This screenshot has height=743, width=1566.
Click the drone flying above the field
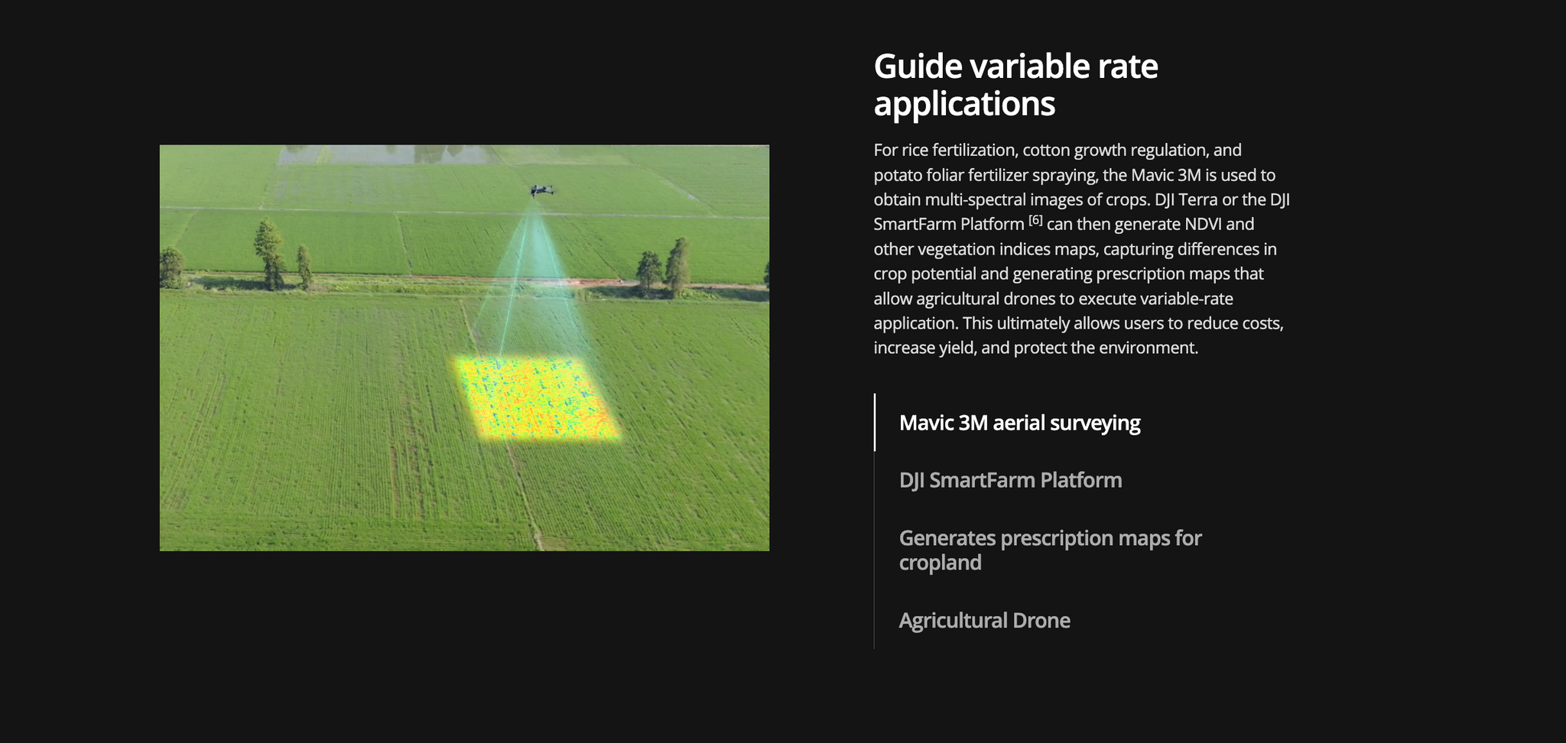541,190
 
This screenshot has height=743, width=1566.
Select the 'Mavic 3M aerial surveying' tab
1019,423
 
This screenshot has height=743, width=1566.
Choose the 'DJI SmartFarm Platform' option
1010,480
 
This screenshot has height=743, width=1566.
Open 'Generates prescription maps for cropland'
1050,550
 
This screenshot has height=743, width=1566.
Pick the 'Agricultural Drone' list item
984,620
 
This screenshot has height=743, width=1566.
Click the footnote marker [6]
1035,220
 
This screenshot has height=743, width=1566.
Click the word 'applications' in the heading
964,104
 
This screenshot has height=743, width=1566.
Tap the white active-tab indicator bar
875,422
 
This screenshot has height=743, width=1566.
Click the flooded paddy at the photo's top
382,154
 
